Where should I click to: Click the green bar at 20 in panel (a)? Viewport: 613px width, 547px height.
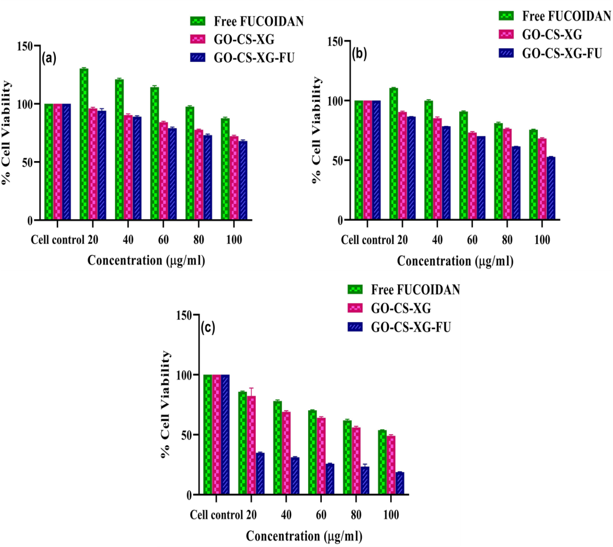coord(84,144)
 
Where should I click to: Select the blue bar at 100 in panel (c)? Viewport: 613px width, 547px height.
coord(400,483)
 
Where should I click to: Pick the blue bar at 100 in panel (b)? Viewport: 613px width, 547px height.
coord(551,188)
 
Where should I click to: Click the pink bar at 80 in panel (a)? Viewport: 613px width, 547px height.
coord(198,175)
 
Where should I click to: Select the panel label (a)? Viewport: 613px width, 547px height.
coord(48,57)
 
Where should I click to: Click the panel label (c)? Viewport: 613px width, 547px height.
coord(209,328)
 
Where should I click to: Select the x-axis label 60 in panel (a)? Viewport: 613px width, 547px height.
coord(164,240)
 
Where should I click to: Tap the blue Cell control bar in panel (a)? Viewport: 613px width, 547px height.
coord(67,162)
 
